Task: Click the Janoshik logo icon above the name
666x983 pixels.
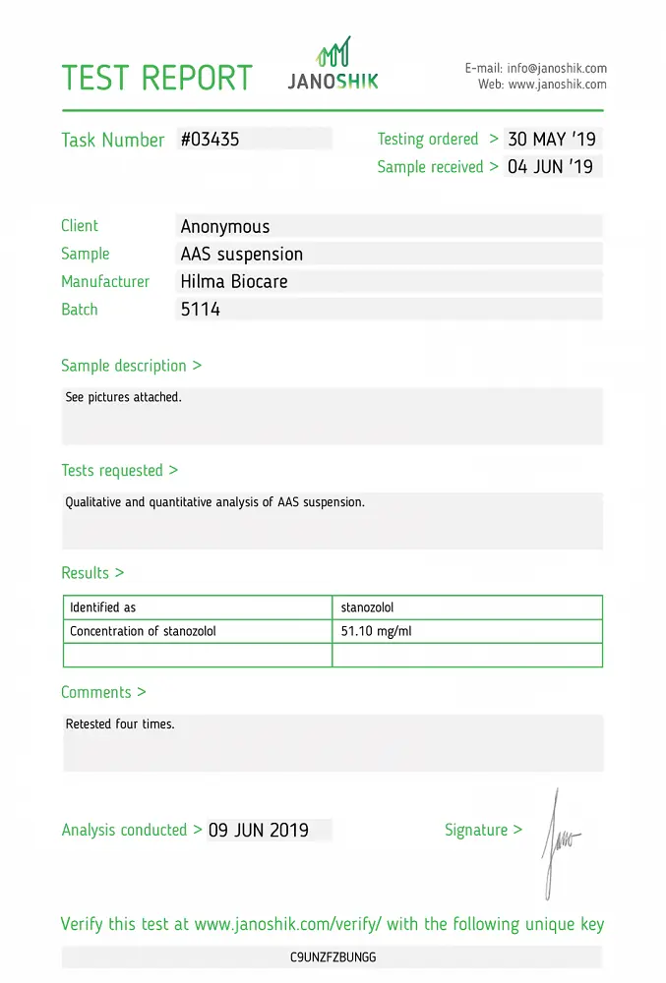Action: tap(333, 53)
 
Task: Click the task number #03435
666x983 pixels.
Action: tap(210, 140)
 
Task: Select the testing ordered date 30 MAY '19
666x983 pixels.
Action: tap(552, 140)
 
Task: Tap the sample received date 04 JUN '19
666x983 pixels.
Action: tap(550, 167)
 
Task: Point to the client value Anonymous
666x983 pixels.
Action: tap(225, 227)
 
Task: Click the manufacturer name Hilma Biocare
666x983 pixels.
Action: tap(234, 282)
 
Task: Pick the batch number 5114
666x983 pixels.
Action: tap(201, 310)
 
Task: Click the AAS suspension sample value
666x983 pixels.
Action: tap(242, 255)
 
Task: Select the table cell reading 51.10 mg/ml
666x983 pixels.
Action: tap(376, 631)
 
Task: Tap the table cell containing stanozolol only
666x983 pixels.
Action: tap(367, 607)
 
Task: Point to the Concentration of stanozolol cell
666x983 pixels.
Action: tap(143, 631)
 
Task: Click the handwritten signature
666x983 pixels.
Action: tap(559, 841)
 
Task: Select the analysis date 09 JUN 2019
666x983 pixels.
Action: tap(259, 831)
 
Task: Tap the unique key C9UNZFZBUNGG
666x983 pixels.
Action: tap(333, 956)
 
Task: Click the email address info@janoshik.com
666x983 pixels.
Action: tap(556, 69)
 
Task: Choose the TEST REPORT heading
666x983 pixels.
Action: tap(157, 79)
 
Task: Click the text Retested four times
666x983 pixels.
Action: tap(120, 724)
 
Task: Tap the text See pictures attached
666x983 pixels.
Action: tap(123, 398)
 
